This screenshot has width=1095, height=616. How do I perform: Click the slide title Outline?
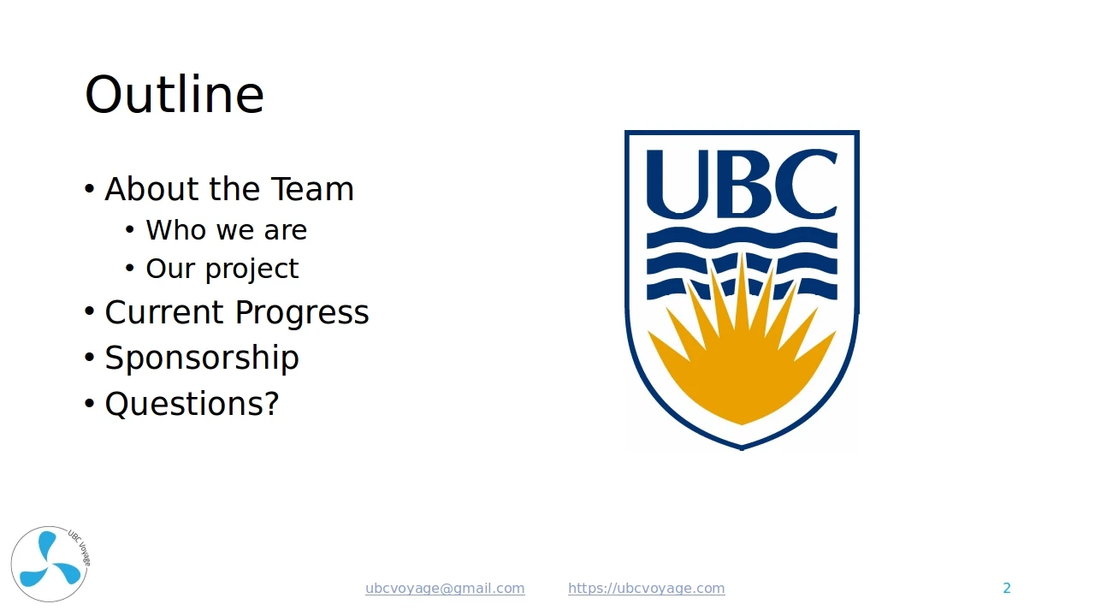(175, 94)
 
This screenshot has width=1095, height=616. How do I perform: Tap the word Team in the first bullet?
(312, 189)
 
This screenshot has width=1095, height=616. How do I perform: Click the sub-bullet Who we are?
(227, 230)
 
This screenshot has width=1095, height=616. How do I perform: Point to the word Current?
(163, 312)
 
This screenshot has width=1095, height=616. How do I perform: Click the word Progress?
(302, 313)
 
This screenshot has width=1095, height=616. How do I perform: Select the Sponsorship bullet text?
(202, 358)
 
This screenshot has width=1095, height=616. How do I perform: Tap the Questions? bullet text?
(192, 404)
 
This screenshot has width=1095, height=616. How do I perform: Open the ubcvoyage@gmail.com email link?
(445, 588)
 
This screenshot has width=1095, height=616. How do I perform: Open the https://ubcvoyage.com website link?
(646, 588)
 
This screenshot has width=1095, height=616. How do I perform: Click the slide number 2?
(1007, 588)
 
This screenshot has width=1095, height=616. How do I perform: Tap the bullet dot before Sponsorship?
(89, 358)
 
